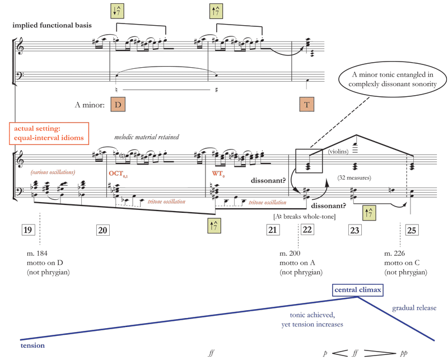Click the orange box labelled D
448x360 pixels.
click(118, 105)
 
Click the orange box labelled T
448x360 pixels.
click(307, 105)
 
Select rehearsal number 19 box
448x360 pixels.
click(27, 230)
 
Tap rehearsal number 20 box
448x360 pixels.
click(103, 230)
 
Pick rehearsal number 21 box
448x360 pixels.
click(273, 230)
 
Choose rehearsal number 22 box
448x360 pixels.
click(307, 230)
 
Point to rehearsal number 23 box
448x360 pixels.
click(355, 230)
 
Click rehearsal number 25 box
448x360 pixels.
click(412, 230)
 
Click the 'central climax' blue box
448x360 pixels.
click(358, 290)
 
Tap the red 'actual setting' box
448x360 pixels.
click(49, 133)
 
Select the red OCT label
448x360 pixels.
click(118, 174)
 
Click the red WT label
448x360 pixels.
click(218, 174)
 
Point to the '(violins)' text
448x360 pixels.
click(338, 151)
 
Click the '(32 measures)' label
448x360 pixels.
click(354, 177)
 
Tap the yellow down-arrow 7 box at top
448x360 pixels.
click(117, 11)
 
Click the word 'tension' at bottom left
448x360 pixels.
click(32, 345)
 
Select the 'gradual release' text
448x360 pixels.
click(414, 308)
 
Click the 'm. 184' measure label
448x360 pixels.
click(37, 254)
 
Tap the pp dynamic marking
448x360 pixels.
click(404, 353)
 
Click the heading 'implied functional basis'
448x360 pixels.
click(52, 25)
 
